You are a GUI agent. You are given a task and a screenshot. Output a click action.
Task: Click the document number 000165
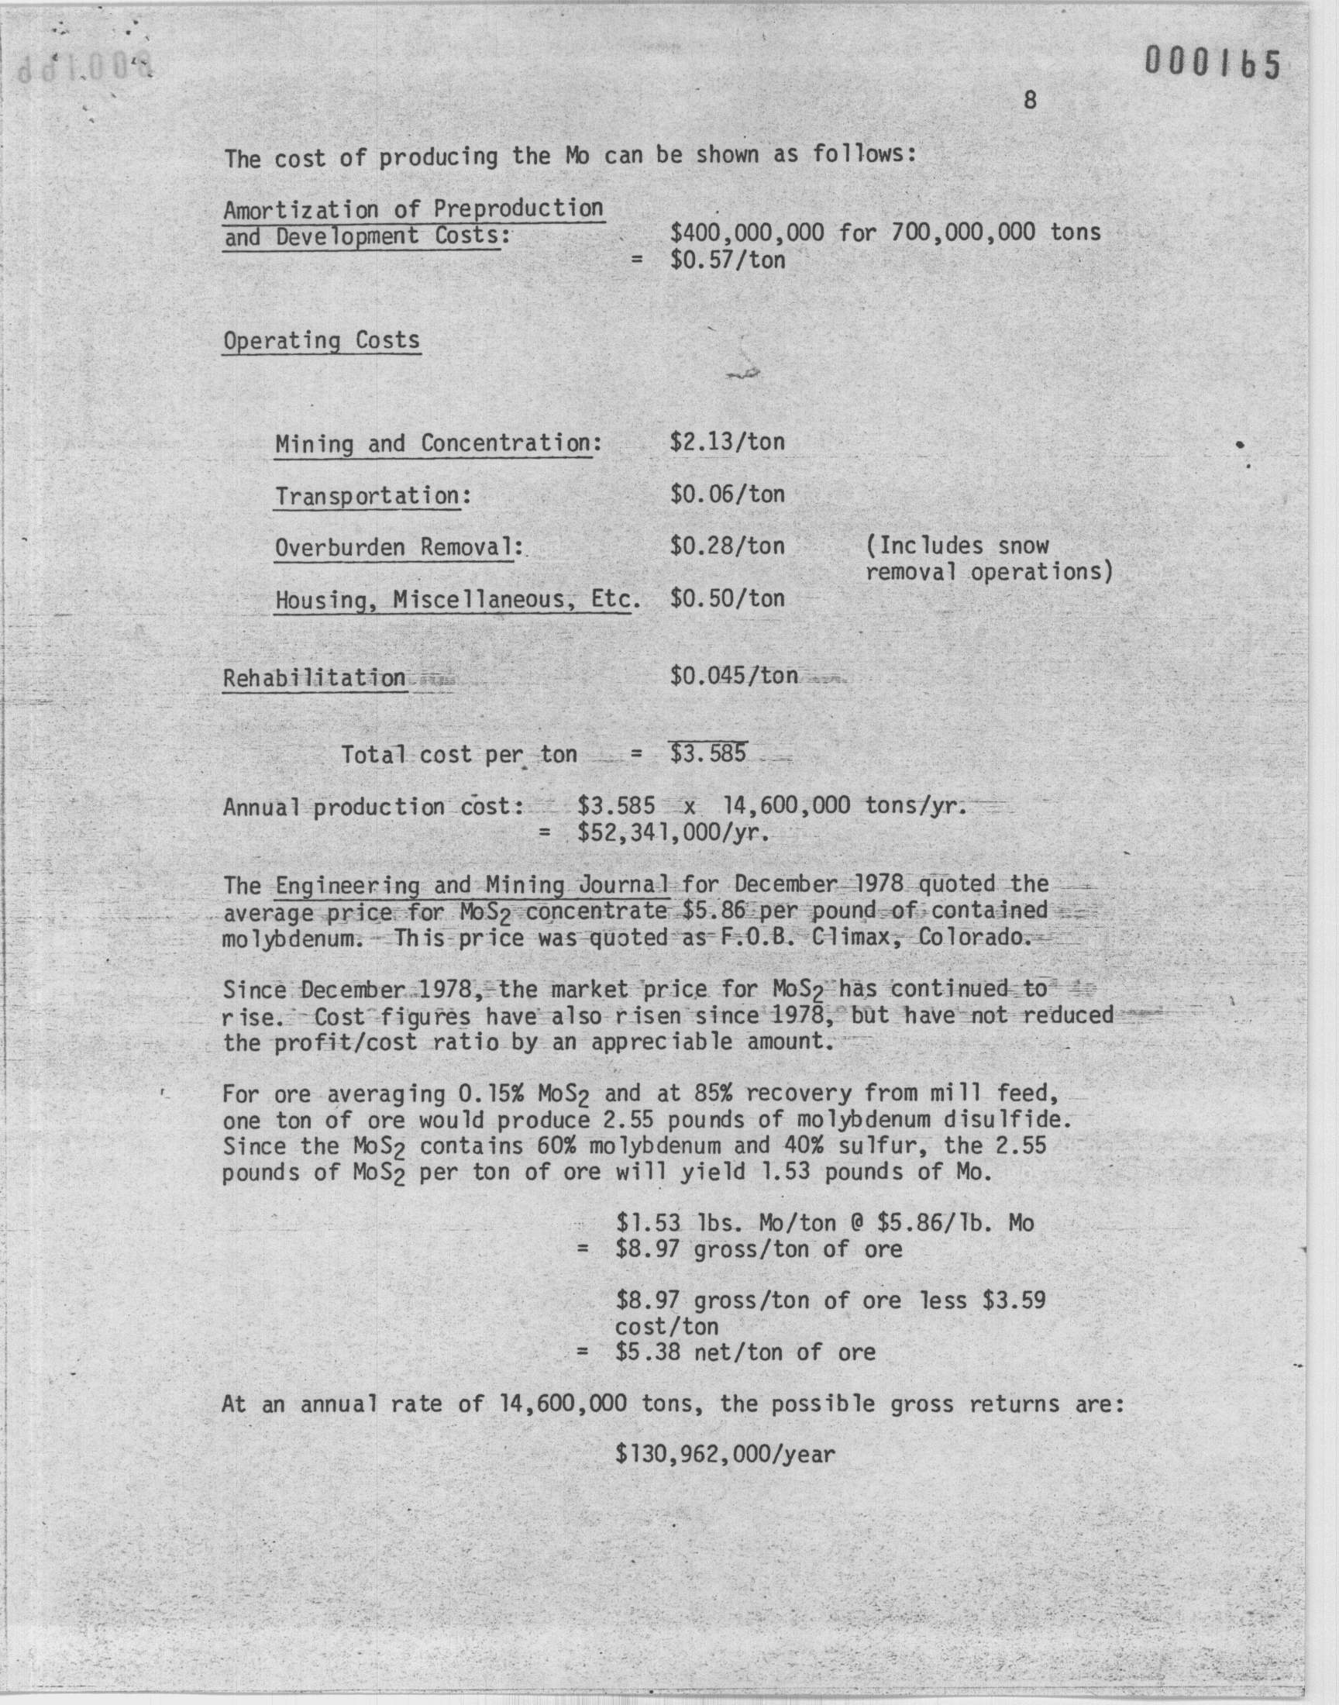pos(1212,64)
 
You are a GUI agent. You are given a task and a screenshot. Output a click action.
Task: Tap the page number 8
pos(1030,100)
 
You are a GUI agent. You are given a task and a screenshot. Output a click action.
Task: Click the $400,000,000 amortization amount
pos(747,232)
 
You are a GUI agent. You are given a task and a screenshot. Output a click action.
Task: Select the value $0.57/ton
pos(728,260)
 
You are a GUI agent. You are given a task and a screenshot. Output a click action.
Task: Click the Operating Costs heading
pos(322,340)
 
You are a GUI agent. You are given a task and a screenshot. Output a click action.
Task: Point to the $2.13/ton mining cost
pos(727,442)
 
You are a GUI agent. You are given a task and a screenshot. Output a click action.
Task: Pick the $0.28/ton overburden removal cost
pos(727,546)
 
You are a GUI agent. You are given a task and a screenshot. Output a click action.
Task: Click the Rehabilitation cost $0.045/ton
pos(734,675)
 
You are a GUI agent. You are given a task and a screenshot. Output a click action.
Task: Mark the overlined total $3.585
pos(708,754)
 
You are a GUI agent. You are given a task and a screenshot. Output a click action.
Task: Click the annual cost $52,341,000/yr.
pos(673,832)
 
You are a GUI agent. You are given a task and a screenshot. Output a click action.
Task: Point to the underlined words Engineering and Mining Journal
pos(473,885)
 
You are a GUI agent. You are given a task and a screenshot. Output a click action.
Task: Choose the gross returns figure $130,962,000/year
pos(725,1455)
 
